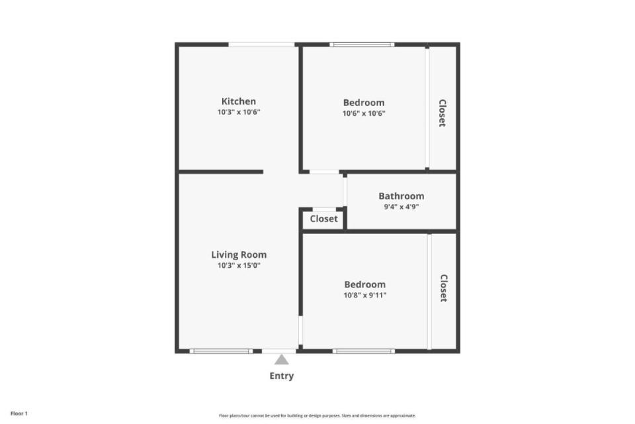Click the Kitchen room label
click(x=239, y=101)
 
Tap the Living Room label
click(x=239, y=255)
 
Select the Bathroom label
click(x=402, y=196)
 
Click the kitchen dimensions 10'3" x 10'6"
click(x=239, y=112)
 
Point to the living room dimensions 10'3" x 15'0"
click(x=239, y=266)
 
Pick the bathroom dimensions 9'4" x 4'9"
click(x=402, y=207)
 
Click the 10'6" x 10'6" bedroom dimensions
click(x=364, y=113)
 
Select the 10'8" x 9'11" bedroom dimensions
click(x=365, y=295)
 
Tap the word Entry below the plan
click(x=282, y=376)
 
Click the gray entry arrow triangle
click(x=282, y=360)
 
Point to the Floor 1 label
click(x=19, y=413)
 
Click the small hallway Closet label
click(x=323, y=219)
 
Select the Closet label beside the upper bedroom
click(x=443, y=113)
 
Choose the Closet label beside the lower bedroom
click(x=444, y=288)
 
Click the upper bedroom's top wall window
click(x=362, y=44)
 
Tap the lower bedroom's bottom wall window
click(x=364, y=351)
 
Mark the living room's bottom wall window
click(x=221, y=351)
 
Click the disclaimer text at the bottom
click(x=317, y=415)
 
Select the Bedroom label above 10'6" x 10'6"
click(x=364, y=103)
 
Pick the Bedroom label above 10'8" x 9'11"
click(x=365, y=284)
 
